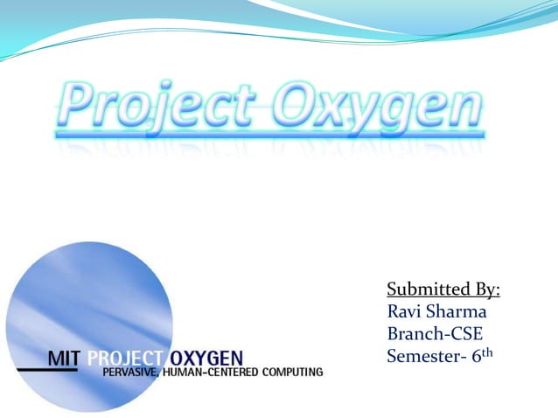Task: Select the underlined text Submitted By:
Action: click(x=449, y=290)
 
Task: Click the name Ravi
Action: click(x=405, y=312)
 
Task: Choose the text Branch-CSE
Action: click(x=434, y=334)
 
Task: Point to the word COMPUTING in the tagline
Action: click(x=291, y=373)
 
